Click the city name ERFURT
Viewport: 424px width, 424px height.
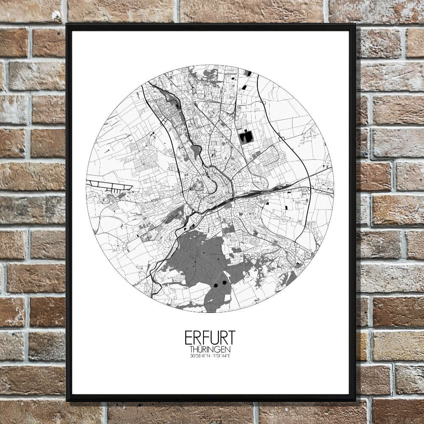(x=210, y=338)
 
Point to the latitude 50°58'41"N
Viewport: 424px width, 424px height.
(x=200, y=355)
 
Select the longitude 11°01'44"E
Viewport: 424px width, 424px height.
(x=220, y=355)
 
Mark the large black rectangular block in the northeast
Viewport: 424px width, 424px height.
(x=245, y=137)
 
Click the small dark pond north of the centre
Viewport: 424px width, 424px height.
(x=196, y=149)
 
